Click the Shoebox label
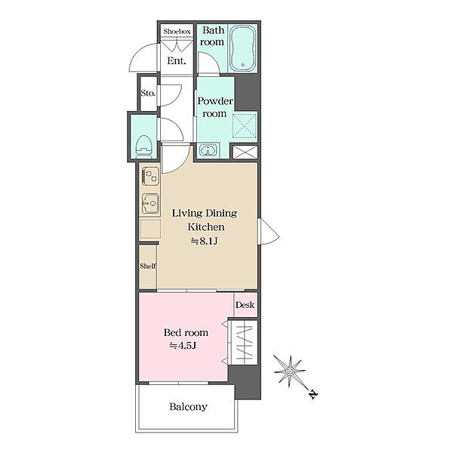point(177,31)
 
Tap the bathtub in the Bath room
point(243,48)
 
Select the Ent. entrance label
point(176,60)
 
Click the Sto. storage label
point(148,93)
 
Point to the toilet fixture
point(144,146)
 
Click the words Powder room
point(215,107)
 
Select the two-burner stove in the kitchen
point(150,176)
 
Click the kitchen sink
point(150,203)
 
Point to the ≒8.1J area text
point(204,241)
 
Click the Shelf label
point(148,266)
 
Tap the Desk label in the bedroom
point(245,304)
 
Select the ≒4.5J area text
point(183,346)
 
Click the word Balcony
point(188,407)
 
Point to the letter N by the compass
point(313,394)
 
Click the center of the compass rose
point(290,371)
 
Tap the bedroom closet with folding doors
point(243,342)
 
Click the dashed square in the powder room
point(245,125)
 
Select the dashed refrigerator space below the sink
point(150,229)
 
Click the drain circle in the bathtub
point(243,65)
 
